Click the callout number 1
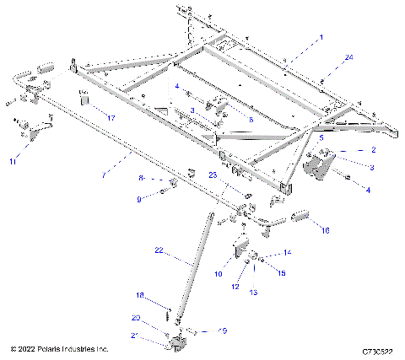coord(321,38)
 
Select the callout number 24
coord(348,57)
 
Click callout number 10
coord(218,274)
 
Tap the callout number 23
coord(213,175)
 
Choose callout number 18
coord(141,295)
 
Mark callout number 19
coord(223,331)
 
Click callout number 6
coord(249,120)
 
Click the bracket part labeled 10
coord(240,252)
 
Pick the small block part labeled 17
coord(84,98)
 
